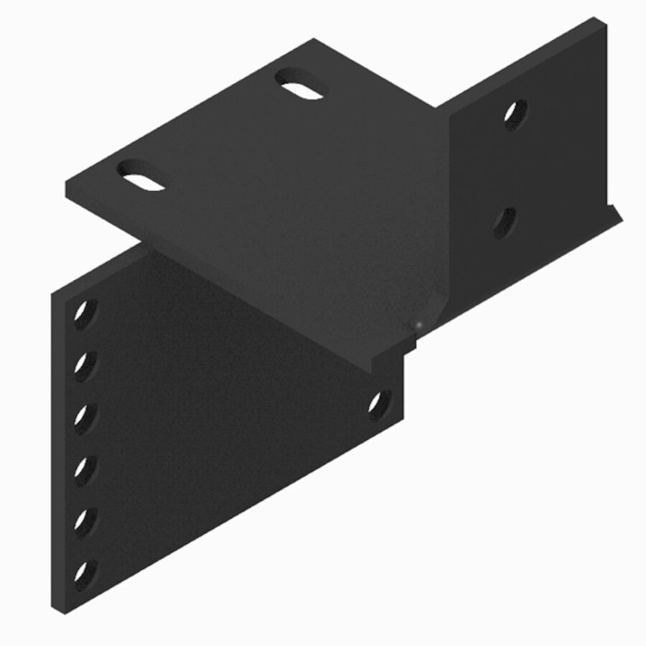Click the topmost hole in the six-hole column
pyautogui.click(x=85, y=313)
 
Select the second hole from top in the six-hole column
pyautogui.click(x=85, y=365)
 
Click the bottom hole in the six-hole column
pyautogui.click(x=85, y=574)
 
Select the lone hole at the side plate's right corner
pyautogui.click(x=379, y=404)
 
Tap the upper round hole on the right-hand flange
pyautogui.click(x=515, y=113)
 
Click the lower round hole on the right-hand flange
pyautogui.click(x=505, y=223)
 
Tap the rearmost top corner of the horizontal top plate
pyautogui.click(x=314, y=40)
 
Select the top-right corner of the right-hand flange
pyautogui.click(x=596, y=19)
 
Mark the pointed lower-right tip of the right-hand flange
pyautogui.click(x=620, y=215)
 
